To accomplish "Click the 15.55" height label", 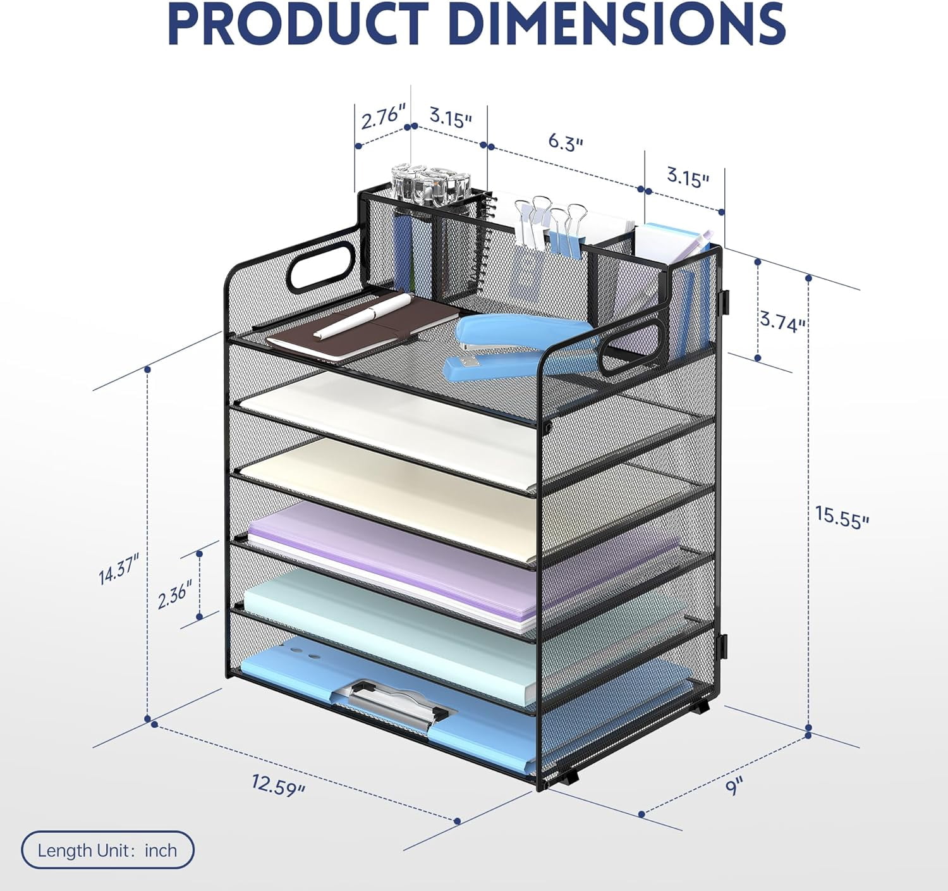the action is click(x=842, y=517).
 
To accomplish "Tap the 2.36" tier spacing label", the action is click(x=175, y=593).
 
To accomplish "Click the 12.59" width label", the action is click(x=278, y=785).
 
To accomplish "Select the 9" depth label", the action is click(x=734, y=786).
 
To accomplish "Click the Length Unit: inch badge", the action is click(x=108, y=851).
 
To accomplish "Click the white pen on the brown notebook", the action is click(x=363, y=316).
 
